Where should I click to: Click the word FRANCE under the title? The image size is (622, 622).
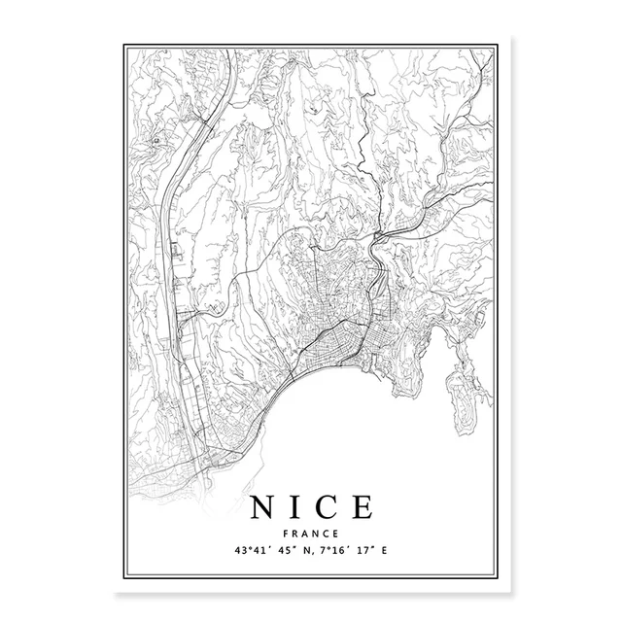tap(311, 534)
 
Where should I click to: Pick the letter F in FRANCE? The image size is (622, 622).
tap(289, 534)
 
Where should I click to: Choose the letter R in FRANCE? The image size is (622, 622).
tap(297, 534)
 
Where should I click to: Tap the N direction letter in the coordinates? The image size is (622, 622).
tap(310, 551)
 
